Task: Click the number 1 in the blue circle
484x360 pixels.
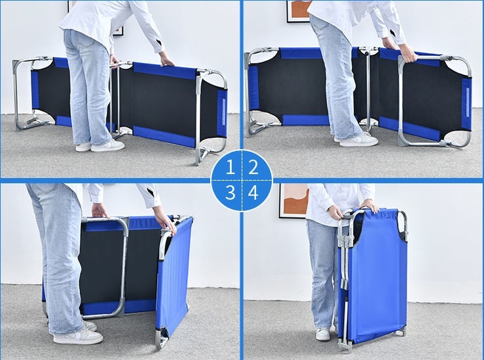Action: point(231,168)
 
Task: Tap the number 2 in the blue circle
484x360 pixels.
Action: point(253,168)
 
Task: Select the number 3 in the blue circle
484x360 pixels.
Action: point(231,192)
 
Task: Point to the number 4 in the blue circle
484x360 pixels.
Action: point(253,192)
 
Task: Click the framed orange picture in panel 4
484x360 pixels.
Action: point(294,200)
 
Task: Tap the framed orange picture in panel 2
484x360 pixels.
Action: point(299,11)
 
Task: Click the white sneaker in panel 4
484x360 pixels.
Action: point(323,334)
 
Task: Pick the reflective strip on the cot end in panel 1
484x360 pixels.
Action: point(224,112)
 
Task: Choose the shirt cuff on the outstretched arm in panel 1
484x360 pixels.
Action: point(158,46)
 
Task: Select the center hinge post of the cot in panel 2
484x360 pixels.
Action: point(368,89)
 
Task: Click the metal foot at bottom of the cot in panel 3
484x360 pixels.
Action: point(162,339)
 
